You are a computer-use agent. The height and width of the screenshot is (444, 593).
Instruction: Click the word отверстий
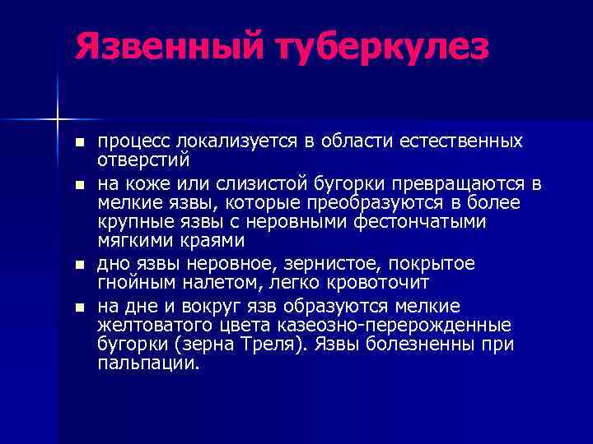143,158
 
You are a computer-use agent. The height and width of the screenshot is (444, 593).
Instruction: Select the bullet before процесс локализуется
79,142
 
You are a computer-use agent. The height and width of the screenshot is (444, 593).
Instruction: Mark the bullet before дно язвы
79,265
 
